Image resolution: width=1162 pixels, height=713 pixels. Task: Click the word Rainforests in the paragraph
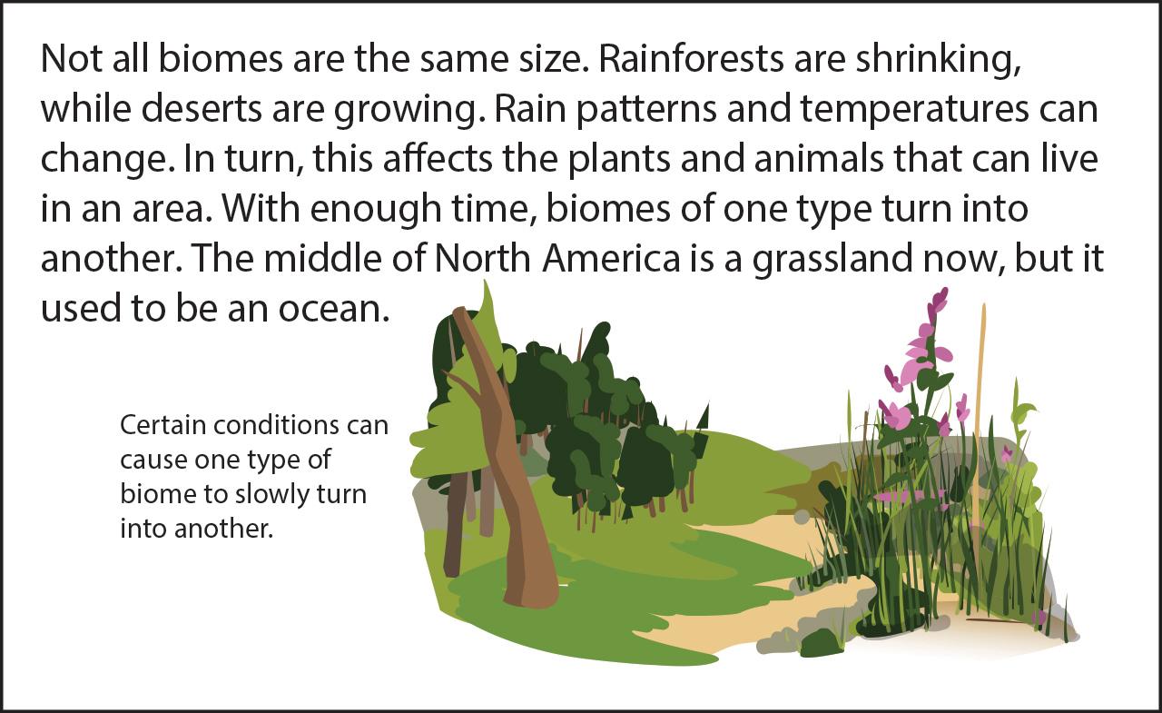click(x=691, y=58)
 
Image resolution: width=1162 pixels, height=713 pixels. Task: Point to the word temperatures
click(x=914, y=110)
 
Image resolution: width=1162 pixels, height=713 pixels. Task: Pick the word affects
click(x=438, y=158)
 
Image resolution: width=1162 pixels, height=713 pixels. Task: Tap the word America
click(x=611, y=258)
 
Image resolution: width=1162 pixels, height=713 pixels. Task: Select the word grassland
click(x=832, y=260)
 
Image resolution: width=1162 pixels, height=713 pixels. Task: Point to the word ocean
click(x=333, y=309)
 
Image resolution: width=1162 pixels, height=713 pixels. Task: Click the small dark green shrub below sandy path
click(x=820, y=643)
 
